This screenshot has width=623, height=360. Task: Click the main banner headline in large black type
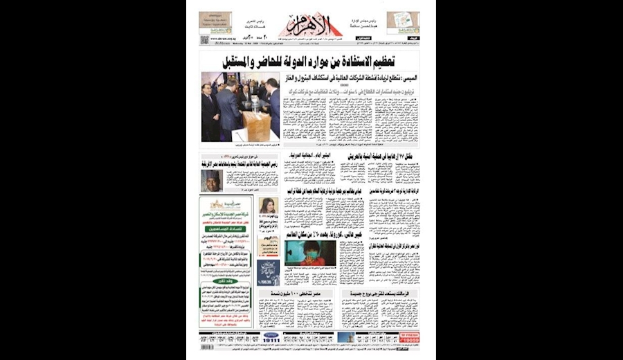tap(320, 61)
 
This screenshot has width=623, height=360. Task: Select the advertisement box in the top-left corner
tap(215, 23)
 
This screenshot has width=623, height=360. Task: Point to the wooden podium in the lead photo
tap(256, 125)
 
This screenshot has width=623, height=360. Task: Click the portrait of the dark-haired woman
tap(268, 206)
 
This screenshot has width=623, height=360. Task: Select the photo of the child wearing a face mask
tap(309, 253)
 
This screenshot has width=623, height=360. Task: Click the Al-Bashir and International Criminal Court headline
tap(313, 157)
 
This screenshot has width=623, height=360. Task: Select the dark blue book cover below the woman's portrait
tap(268, 272)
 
